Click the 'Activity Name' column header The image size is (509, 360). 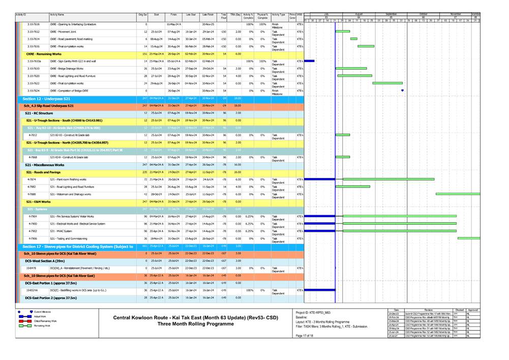coord(61,16)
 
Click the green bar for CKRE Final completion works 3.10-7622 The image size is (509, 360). coord(387,83)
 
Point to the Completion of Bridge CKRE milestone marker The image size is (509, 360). coord(403,91)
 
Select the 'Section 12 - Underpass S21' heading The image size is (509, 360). coord(46,98)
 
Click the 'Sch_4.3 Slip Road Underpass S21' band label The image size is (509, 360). coord(49,105)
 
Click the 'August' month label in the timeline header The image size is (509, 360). coord(359,14)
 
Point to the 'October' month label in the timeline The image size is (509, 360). coord(423,14)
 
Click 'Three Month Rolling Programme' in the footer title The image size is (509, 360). coord(195,324)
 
